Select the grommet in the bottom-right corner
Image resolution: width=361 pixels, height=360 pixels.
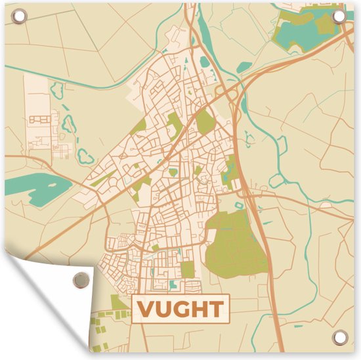point(339,338)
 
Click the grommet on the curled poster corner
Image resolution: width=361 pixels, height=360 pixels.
point(80,280)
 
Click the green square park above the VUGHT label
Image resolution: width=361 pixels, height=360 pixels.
point(188,269)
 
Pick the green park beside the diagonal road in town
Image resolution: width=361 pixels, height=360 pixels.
point(205,122)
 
